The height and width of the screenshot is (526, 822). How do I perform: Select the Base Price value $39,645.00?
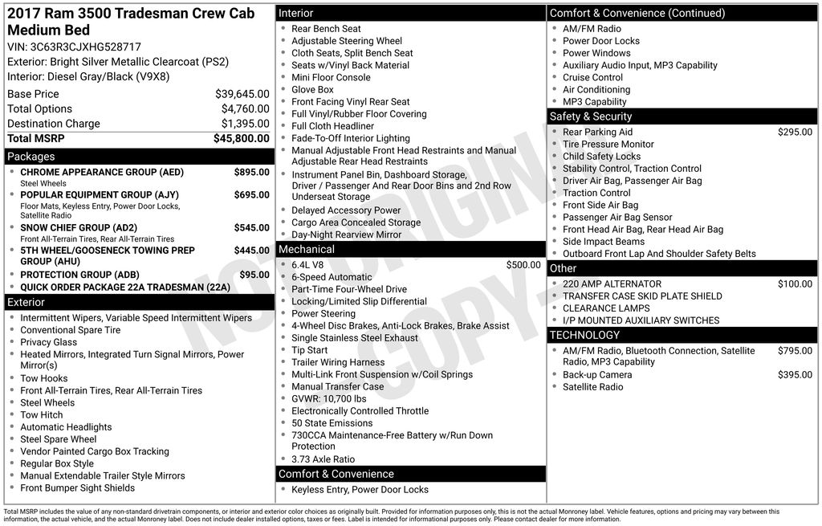click(x=242, y=94)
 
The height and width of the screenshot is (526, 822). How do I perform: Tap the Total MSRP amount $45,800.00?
click(x=241, y=138)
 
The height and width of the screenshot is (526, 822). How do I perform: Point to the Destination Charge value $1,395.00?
click(x=245, y=124)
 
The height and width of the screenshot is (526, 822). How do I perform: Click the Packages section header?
click(x=31, y=157)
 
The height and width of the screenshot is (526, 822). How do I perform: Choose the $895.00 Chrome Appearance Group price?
click(x=251, y=172)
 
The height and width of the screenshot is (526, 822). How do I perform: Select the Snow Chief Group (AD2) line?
click(x=79, y=228)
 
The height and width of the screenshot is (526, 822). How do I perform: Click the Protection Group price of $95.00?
click(x=254, y=275)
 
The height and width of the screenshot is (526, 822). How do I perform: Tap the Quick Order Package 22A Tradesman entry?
click(x=125, y=287)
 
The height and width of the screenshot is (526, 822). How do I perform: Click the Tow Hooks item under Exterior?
click(x=44, y=378)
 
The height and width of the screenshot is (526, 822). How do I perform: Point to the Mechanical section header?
click(x=307, y=249)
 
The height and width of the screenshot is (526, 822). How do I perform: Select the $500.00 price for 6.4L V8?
click(x=523, y=265)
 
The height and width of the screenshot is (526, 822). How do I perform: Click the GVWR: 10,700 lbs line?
click(x=328, y=398)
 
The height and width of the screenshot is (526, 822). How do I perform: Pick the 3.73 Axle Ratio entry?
click(x=323, y=459)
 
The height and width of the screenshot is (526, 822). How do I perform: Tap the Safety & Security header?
click(x=591, y=116)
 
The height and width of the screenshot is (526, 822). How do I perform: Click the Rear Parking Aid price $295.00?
click(x=795, y=133)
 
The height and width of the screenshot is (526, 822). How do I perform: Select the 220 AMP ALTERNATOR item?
click(x=612, y=283)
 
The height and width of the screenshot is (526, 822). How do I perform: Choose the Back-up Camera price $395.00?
click(x=795, y=375)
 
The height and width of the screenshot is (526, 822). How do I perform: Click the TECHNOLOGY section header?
click(x=584, y=335)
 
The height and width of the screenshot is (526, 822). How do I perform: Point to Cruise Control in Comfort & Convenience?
click(x=592, y=77)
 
